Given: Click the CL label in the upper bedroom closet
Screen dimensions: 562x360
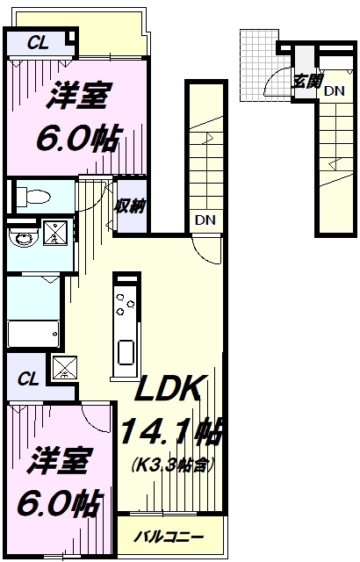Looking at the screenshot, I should (36, 40).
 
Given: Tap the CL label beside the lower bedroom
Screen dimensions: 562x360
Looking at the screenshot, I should (28, 379).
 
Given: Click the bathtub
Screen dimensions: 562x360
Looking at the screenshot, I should (32, 334).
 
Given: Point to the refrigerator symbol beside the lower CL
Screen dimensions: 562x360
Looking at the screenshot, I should (64, 368).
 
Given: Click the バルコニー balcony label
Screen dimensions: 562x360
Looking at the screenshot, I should (169, 535).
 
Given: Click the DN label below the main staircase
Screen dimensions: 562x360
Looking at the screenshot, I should (204, 220).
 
